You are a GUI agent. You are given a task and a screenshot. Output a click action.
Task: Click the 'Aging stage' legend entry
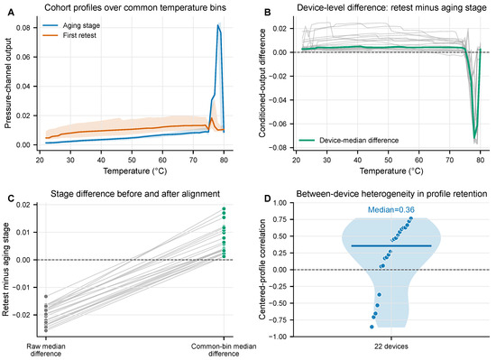point(71,25)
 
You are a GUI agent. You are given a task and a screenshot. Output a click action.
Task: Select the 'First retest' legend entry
point(69,35)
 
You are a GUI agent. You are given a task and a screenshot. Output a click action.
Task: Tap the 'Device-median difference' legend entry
point(349,140)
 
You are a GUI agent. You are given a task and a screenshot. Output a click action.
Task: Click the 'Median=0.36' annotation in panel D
point(391,209)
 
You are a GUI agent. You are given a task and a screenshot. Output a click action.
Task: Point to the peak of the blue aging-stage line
point(218,25)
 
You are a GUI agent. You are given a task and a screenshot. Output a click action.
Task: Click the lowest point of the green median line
point(474,138)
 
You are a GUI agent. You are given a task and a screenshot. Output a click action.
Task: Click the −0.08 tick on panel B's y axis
point(279,148)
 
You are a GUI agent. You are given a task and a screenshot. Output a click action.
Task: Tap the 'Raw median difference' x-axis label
point(46,349)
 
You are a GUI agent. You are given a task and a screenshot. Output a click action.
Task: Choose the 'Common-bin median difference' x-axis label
point(224,349)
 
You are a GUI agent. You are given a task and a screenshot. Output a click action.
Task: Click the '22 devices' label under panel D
point(391,346)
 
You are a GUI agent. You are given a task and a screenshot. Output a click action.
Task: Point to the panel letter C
point(11,198)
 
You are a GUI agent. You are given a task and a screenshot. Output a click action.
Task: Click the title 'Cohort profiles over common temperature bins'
point(135,7)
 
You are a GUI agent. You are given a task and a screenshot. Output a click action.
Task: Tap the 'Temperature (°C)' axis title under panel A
point(135,171)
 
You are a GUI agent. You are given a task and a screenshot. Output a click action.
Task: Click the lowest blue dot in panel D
point(372,327)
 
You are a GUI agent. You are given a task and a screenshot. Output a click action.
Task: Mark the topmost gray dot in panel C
point(46,297)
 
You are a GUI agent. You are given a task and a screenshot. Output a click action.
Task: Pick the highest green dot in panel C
point(224,208)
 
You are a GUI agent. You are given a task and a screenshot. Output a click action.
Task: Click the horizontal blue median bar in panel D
point(391,245)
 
